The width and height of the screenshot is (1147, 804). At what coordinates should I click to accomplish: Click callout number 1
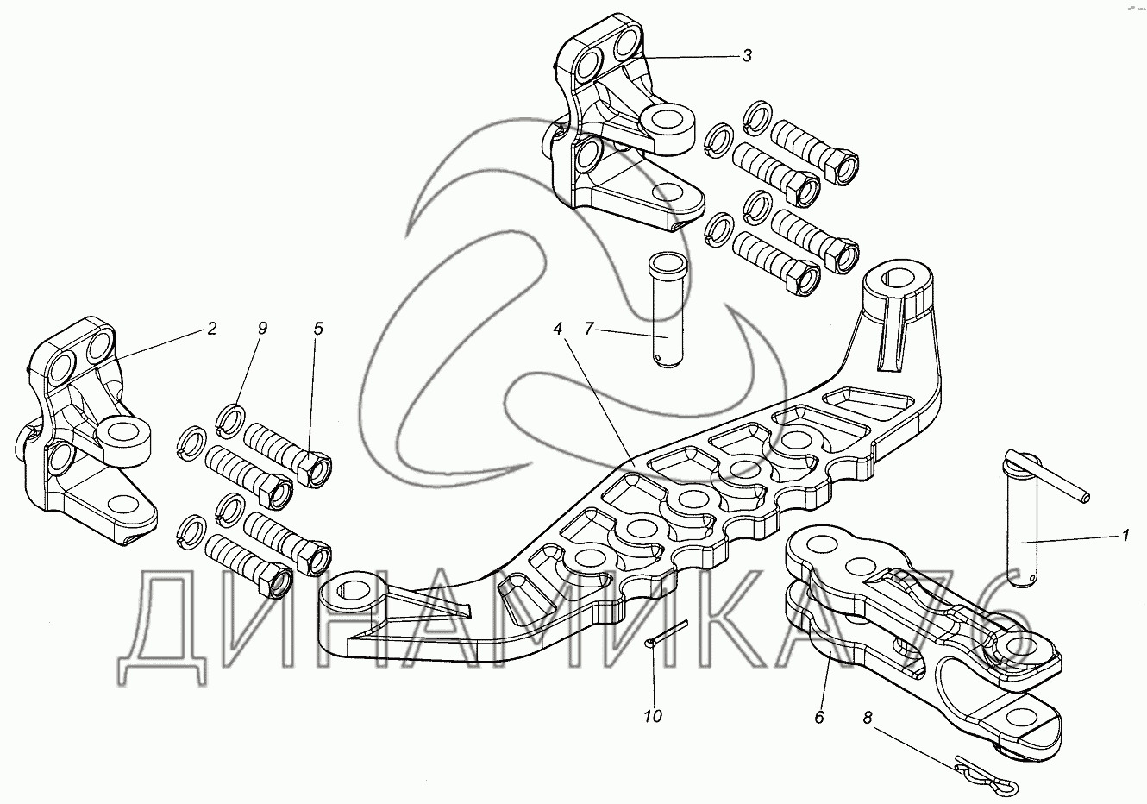(1124, 537)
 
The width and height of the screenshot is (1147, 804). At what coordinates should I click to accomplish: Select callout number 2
(211, 329)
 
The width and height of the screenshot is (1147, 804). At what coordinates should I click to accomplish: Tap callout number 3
(747, 56)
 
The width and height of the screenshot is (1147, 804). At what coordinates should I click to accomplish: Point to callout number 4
(558, 329)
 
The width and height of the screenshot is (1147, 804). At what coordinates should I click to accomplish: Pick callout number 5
(318, 329)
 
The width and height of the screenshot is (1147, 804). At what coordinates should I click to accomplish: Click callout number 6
(819, 716)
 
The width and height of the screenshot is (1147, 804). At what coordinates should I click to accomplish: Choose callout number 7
(589, 329)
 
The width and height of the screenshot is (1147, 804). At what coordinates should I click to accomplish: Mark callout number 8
(868, 716)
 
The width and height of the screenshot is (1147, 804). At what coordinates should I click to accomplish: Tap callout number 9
(262, 329)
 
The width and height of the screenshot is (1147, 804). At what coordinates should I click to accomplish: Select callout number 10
(654, 716)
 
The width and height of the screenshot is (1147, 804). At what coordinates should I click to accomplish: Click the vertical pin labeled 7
(665, 311)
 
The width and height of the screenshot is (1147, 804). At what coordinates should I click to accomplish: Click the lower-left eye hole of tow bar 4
(354, 590)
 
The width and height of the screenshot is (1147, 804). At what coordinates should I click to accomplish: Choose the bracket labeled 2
(86, 431)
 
